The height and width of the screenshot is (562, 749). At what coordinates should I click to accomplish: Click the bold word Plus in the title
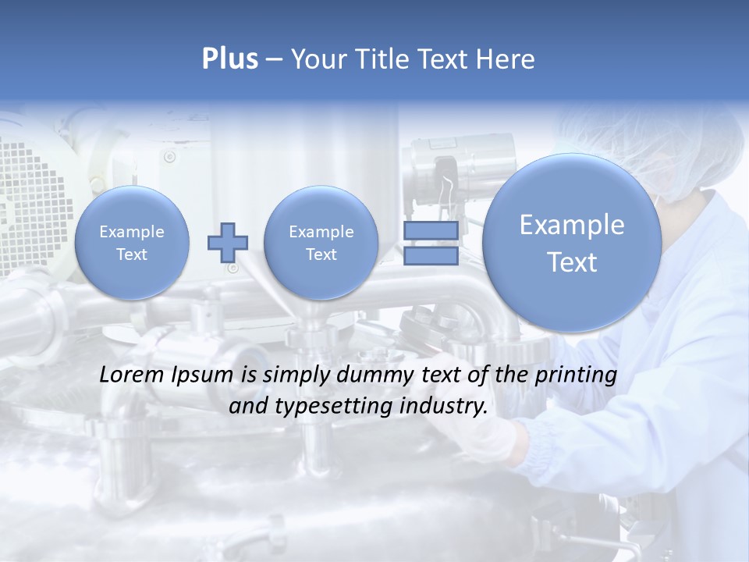229,59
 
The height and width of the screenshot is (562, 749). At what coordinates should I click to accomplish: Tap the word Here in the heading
506,59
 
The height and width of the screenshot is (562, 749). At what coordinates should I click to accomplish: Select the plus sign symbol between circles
227,242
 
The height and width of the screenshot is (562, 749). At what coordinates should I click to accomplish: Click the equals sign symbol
431,243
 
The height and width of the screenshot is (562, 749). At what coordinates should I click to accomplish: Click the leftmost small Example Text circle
132,243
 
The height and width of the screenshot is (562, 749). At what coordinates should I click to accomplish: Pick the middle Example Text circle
321,243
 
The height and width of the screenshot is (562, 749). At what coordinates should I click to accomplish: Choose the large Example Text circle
572,243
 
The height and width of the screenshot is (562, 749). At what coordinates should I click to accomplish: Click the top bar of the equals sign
431,231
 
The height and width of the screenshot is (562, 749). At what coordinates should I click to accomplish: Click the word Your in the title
318,59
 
